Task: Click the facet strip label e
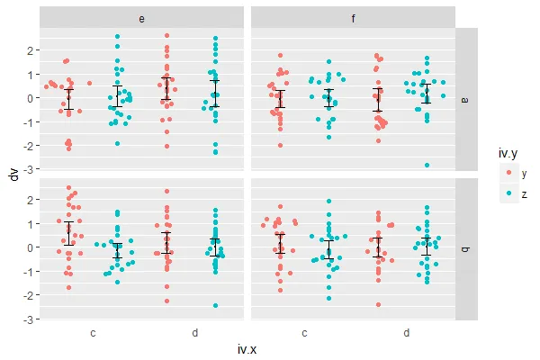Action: pos(143,18)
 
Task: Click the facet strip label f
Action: pos(354,18)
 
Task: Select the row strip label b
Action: pos(466,248)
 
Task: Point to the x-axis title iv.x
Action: pos(248,349)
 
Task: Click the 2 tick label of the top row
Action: pos(31,49)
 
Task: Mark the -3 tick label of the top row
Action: pos(30,169)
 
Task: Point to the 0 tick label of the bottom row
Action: pos(31,247)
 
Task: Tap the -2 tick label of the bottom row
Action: pos(30,295)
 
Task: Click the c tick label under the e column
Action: pos(93,332)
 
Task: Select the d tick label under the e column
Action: pos(194,332)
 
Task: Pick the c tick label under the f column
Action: pos(304,332)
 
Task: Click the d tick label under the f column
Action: pos(406,332)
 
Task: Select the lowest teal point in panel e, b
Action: pos(215,305)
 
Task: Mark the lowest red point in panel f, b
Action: pos(378,304)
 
